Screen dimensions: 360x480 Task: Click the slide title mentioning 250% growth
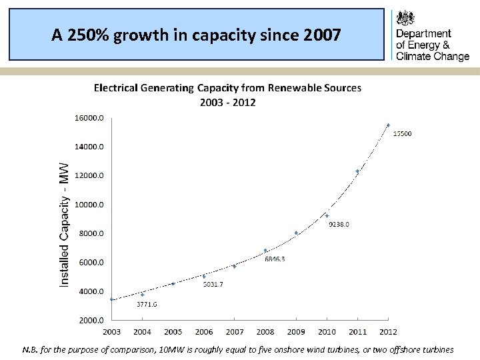pos(195,35)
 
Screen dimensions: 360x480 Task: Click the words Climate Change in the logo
pos(432,57)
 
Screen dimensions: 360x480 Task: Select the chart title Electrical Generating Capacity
pos(227,87)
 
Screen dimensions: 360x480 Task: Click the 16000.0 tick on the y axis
pos(89,117)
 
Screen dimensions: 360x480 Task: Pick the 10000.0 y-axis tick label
pos(89,205)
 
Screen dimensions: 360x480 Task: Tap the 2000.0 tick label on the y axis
pos(89,321)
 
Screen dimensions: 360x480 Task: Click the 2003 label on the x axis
pos(111,332)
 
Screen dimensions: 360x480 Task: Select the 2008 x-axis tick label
pos(265,332)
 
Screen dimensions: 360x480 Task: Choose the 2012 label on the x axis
pos(388,332)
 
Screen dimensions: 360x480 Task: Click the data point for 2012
pos(388,125)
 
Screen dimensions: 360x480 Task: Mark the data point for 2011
pos(357,171)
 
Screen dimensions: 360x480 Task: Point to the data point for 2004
pos(142,294)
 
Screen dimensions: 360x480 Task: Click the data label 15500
pos(401,134)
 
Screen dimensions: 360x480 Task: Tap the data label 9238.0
pos(339,225)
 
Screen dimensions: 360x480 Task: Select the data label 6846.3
pos(275,259)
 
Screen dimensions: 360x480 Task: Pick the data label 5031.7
pos(213,285)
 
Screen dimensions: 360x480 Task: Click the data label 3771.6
pos(147,305)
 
